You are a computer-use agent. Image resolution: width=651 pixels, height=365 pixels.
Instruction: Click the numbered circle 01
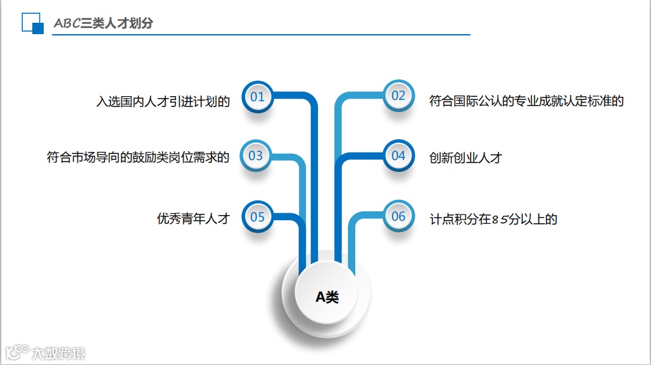[257, 97]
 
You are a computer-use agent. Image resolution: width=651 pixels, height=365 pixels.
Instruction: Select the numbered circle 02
[398, 96]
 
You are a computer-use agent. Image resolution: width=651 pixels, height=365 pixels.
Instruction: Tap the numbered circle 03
[256, 156]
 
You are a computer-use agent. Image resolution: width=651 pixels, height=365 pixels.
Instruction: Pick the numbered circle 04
[398, 156]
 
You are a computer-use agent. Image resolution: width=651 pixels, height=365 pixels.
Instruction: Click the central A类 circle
[327, 296]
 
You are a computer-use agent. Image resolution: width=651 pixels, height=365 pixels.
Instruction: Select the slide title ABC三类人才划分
[103, 23]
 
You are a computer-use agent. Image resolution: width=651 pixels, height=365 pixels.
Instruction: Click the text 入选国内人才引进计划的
[163, 101]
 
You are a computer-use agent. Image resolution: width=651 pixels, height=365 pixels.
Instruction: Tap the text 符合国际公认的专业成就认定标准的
[526, 101]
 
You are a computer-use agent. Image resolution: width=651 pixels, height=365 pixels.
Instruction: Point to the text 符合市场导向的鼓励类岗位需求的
[138, 157]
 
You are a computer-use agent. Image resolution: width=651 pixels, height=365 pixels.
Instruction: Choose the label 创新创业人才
[465, 158]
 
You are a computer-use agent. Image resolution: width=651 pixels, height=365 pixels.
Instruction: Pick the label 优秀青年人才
[193, 219]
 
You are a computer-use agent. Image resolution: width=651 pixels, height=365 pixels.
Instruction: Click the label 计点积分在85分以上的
[493, 220]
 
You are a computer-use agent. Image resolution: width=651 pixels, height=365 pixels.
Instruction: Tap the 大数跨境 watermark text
[58, 353]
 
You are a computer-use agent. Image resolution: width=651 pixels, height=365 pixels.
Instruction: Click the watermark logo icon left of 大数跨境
[16, 352]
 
